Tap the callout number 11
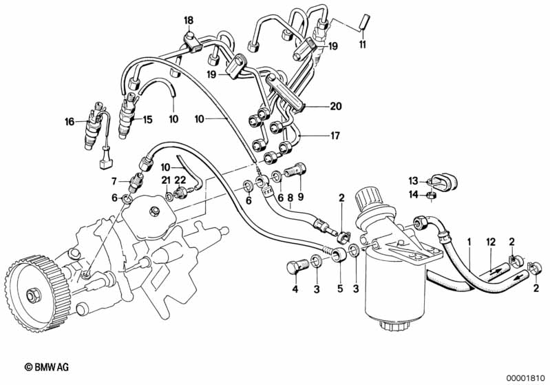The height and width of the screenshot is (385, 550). (x=362, y=45)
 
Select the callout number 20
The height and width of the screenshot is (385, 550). (x=335, y=106)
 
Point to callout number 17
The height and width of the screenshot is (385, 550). (x=335, y=136)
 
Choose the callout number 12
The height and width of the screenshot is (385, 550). (x=490, y=242)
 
